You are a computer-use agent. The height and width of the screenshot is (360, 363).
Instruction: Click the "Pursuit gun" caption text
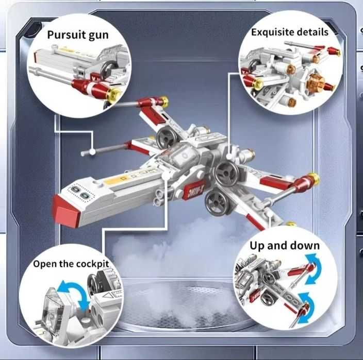[78, 35]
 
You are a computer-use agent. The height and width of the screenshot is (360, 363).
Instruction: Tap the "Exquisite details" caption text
[289, 32]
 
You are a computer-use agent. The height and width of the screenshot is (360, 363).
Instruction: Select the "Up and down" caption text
[284, 245]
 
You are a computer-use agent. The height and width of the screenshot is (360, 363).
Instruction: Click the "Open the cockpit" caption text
[71, 264]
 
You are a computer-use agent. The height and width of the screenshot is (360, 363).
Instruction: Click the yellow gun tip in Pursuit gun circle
[114, 94]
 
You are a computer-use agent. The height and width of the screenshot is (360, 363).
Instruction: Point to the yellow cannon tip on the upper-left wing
[164, 101]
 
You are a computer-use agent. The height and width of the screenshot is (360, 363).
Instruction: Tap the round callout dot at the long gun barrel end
[92, 151]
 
